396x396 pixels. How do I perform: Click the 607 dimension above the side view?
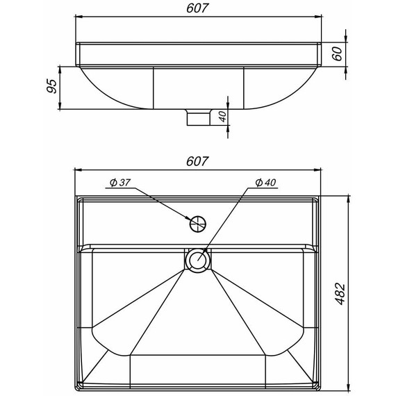(198, 9)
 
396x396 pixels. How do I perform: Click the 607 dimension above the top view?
(198, 161)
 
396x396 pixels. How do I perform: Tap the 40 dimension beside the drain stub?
(222, 116)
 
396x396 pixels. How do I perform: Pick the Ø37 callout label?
(119, 183)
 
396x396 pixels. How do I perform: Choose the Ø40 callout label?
(265, 182)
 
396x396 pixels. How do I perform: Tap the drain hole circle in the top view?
(198, 260)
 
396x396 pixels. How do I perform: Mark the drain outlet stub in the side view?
(199, 117)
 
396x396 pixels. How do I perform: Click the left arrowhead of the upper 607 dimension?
(79, 17)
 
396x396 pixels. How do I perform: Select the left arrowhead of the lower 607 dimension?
(79, 170)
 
